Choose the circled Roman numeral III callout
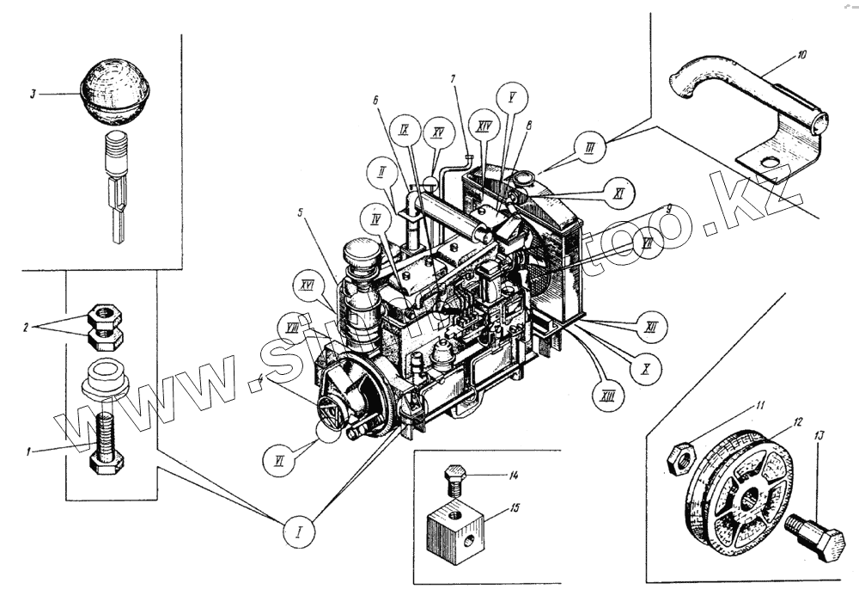(x=589, y=148)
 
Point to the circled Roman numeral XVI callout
(x=305, y=283)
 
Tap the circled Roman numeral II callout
(x=381, y=171)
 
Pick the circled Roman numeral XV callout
(x=438, y=133)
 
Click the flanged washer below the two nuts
(x=106, y=378)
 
